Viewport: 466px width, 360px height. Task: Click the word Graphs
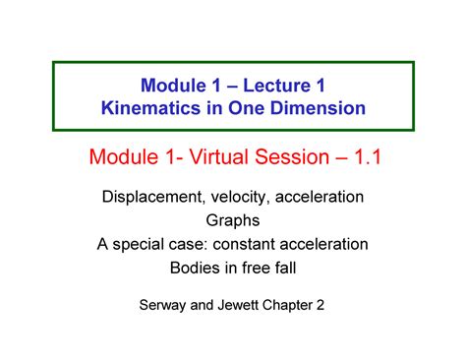(233, 220)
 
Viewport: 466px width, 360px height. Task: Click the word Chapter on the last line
(297, 306)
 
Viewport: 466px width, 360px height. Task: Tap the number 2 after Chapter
(333, 306)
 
